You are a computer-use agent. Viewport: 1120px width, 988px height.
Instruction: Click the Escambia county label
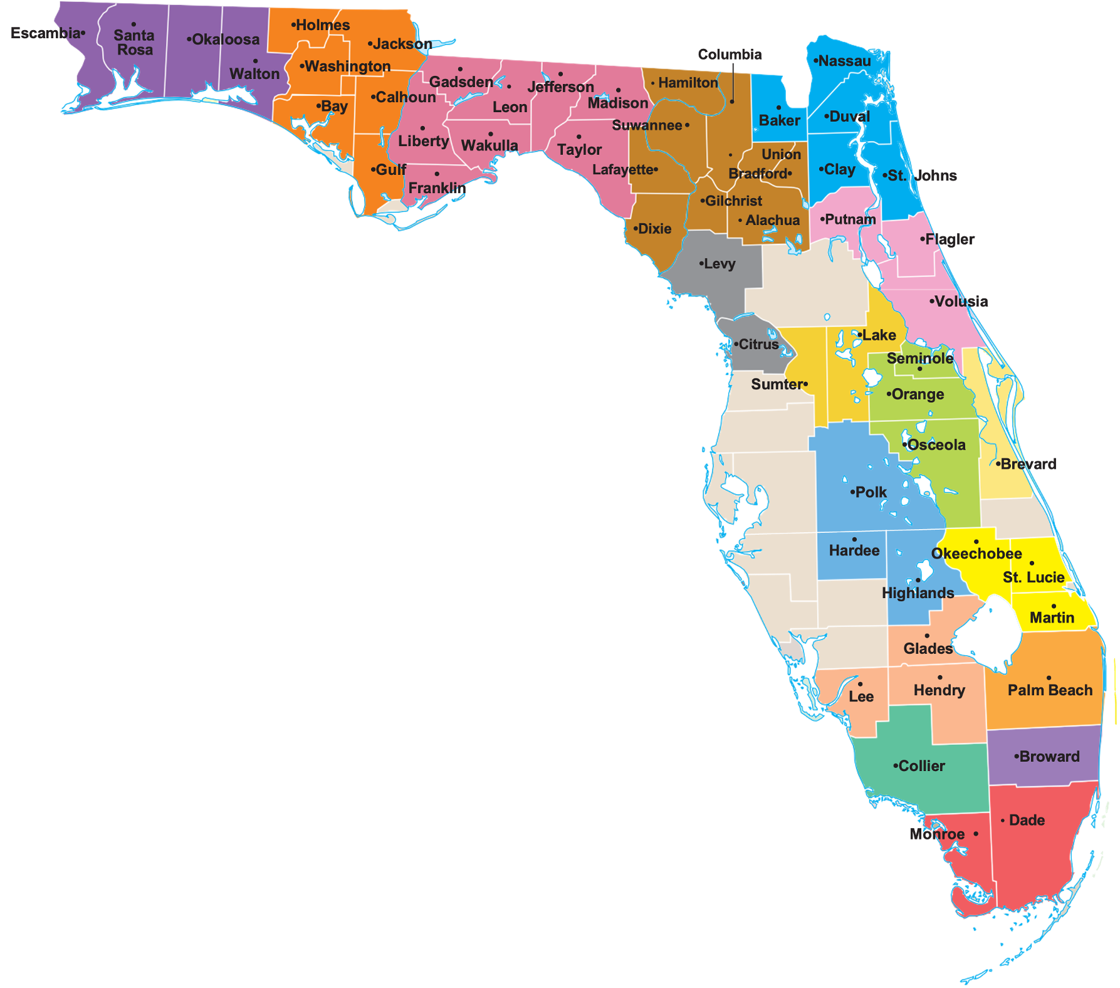46,33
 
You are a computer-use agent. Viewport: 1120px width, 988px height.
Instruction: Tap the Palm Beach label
1050,690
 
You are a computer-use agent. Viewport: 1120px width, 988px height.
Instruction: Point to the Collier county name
921,766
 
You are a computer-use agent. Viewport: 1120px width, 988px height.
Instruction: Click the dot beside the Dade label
1003,821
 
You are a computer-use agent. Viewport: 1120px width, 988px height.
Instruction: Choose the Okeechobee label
976,554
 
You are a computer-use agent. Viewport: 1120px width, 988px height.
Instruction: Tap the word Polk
871,493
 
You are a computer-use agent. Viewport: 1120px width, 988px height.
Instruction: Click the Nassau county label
844,61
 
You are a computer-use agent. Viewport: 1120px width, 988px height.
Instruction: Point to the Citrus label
758,345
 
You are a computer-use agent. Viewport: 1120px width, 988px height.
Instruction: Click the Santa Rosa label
134,43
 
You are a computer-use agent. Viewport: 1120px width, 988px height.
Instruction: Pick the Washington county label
347,66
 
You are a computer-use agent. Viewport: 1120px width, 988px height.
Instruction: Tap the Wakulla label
489,145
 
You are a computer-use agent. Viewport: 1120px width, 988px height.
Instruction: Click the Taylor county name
579,150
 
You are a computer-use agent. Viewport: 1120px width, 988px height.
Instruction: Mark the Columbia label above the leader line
730,55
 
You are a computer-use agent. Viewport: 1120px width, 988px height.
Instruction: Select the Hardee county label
854,550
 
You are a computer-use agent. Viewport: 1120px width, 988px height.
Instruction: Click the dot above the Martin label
1054,606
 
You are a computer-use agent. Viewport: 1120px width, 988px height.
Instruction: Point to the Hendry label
939,690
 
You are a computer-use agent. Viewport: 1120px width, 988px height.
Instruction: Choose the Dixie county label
654,229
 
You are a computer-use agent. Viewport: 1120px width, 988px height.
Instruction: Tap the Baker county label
779,120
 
